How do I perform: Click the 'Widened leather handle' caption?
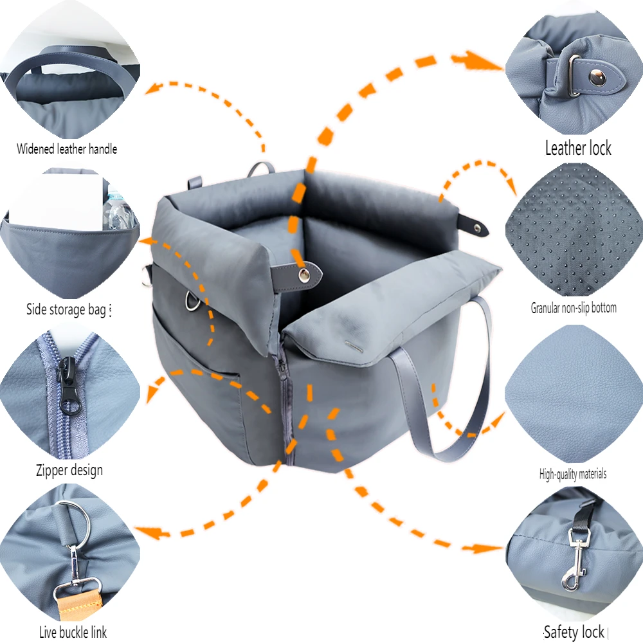[67, 149]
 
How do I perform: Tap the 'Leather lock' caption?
[578, 148]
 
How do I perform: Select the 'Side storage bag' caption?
[66, 310]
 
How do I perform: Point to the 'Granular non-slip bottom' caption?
[574, 307]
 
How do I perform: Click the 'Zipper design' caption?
[69, 470]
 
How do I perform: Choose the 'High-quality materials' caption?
[572, 475]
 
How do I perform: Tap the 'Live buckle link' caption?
[73, 632]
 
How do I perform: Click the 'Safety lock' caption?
[574, 632]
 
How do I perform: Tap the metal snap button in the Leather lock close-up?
[597, 77]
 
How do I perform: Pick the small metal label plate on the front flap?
[354, 347]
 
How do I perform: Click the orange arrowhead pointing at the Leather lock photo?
[478, 61]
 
